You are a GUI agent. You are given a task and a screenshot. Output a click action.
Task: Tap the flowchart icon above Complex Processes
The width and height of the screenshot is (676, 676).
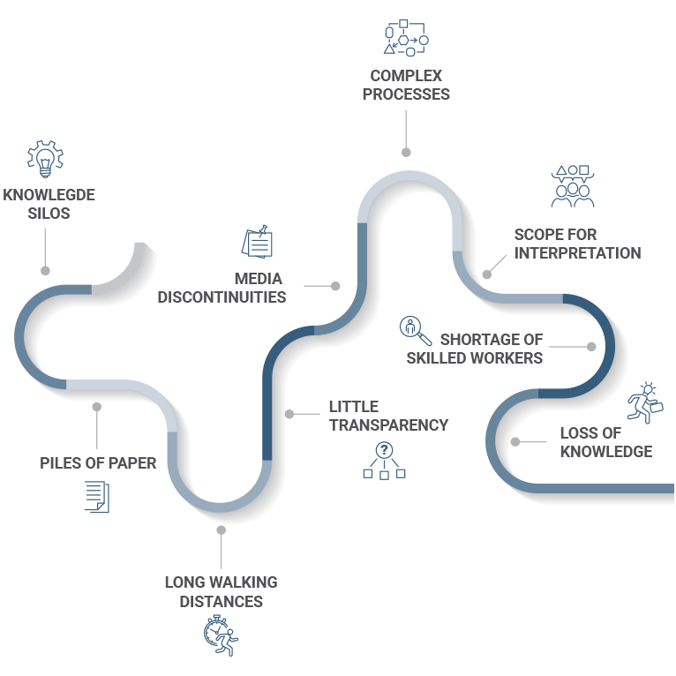(406, 38)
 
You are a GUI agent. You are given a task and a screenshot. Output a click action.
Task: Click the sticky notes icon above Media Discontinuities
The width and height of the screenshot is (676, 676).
(257, 243)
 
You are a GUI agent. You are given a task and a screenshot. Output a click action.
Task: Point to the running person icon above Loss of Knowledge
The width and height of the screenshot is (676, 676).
(643, 402)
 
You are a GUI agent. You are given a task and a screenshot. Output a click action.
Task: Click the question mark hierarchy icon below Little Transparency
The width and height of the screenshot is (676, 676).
(384, 460)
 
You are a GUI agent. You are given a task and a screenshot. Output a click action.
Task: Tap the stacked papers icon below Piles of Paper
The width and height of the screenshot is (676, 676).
(96, 496)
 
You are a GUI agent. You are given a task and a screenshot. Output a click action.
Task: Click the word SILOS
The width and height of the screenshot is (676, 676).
(49, 213)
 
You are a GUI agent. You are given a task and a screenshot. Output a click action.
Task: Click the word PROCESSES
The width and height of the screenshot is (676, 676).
(406, 94)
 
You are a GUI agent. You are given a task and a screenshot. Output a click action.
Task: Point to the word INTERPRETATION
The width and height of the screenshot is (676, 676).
(577, 252)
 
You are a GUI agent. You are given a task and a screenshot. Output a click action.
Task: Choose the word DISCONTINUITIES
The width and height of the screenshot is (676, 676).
(222, 297)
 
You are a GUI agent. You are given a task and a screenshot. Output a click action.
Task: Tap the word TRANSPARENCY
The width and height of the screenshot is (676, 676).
(388, 424)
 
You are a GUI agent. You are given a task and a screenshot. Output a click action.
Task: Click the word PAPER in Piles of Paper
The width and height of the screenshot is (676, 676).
(134, 462)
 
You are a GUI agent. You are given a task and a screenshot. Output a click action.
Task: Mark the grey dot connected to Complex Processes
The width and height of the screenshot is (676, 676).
(406, 152)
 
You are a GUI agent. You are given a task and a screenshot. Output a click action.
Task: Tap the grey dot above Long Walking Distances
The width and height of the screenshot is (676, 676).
(221, 530)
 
